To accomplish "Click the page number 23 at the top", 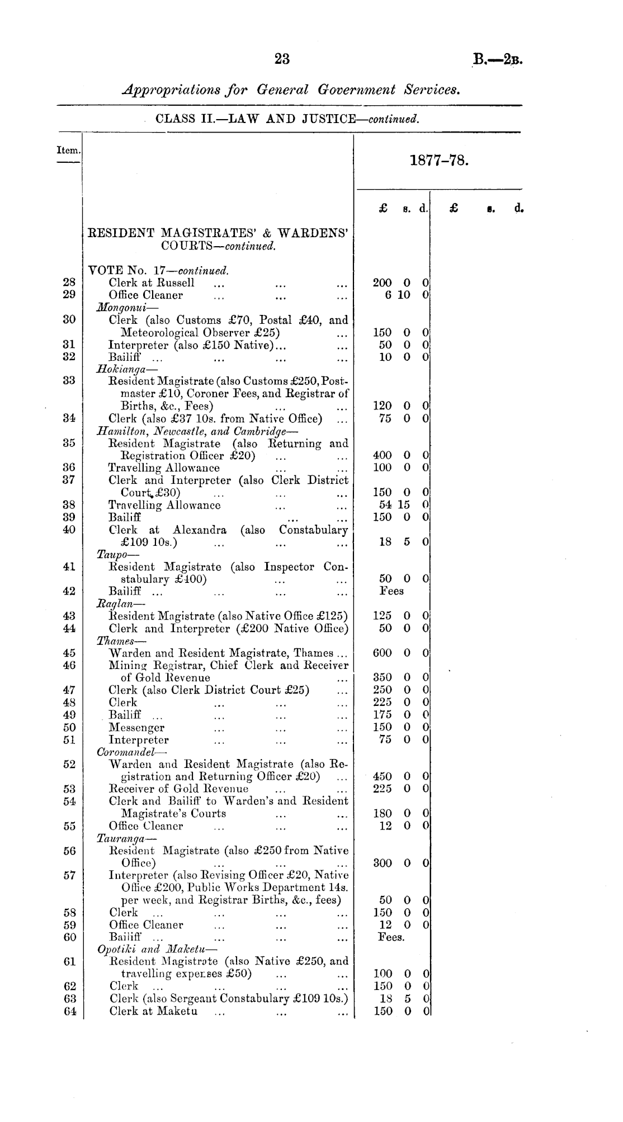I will click(x=282, y=59).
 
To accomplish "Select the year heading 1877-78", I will click(x=438, y=161).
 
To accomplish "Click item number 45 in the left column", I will click(x=69, y=653).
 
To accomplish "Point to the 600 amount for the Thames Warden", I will click(x=383, y=653).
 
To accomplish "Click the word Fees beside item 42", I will click(x=391, y=591).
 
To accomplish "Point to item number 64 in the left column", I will click(x=69, y=1011).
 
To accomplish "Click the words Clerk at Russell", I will click(x=152, y=282).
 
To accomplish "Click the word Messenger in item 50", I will click(x=136, y=728).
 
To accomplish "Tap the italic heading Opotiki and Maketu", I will click(x=159, y=949).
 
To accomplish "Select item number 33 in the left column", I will click(x=69, y=381).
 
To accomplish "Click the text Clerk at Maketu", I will click(x=153, y=1011).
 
